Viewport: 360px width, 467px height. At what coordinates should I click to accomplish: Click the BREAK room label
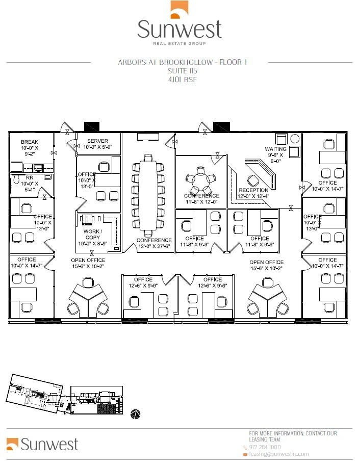[30, 142]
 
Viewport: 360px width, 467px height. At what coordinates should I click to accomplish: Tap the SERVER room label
[97, 141]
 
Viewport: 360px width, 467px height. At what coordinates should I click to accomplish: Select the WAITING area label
[276, 149]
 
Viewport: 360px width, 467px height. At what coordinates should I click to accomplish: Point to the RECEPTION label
[253, 191]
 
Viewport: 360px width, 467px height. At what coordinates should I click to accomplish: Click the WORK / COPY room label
[92, 235]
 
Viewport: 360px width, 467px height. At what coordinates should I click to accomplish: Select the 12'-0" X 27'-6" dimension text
[153, 247]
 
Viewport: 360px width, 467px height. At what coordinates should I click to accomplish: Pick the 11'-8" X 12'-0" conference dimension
[201, 202]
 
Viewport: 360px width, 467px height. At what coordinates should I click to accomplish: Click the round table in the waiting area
[295, 139]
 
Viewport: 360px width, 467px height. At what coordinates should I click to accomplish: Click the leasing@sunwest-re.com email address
[278, 454]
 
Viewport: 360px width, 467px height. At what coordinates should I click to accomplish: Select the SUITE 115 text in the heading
[182, 71]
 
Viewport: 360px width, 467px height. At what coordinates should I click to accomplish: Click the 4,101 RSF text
[182, 80]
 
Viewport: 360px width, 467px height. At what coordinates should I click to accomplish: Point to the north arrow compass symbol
[136, 413]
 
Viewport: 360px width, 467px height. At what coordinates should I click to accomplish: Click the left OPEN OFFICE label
[88, 260]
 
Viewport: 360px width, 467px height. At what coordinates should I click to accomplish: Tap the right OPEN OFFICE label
[267, 262]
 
